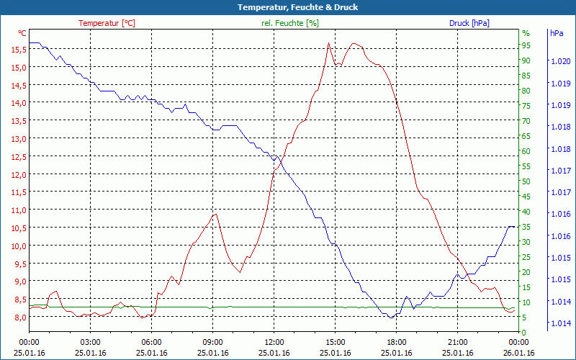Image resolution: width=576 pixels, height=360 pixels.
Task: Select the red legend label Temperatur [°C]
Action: (107, 23)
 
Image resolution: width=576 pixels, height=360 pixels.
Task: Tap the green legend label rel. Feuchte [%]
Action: (289, 23)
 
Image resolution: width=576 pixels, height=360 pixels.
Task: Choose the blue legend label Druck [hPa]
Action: (469, 23)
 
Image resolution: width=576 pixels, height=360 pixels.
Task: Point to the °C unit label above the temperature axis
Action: (22, 33)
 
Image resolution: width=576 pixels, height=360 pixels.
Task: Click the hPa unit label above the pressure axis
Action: (556, 33)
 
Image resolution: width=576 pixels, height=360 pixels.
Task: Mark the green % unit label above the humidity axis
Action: (526, 33)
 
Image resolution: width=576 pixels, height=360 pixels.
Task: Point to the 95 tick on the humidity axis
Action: (526, 45)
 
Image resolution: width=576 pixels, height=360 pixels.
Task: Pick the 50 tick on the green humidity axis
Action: (526, 181)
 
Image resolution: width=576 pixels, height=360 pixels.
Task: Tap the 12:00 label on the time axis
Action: (274, 343)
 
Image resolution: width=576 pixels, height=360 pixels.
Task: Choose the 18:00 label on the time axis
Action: (397, 343)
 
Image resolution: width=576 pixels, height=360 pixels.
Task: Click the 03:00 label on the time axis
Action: (90, 343)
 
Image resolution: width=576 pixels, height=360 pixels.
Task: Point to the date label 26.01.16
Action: (519, 353)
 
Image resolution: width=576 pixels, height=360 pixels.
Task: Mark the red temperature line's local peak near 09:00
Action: (215, 214)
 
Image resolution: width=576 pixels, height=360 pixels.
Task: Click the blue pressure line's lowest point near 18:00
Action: (390, 318)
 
